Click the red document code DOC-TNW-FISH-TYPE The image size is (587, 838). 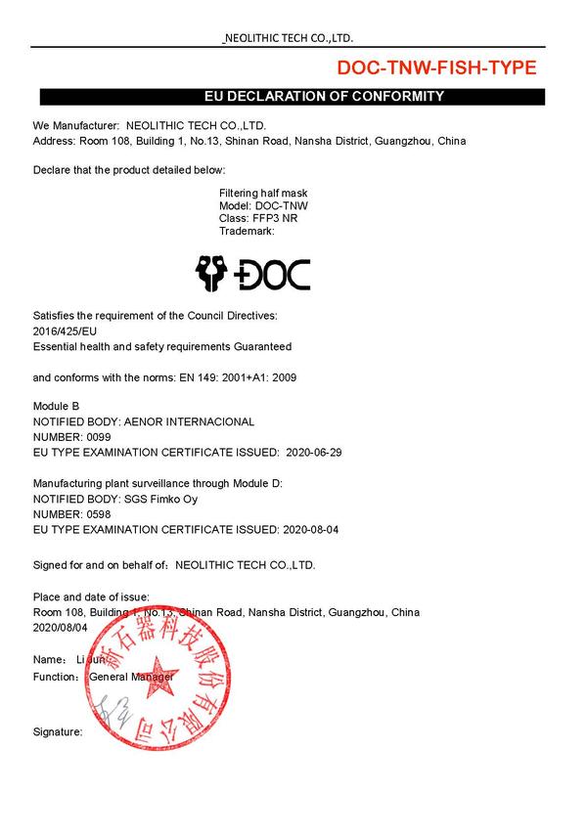pyautogui.click(x=436, y=67)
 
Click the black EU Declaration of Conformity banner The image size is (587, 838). pyautogui.click(x=291, y=96)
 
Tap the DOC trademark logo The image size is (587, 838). pyautogui.click(x=253, y=274)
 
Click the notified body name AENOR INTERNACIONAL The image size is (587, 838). pyautogui.click(x=184, y=421)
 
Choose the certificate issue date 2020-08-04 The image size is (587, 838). pyautogui.click(x=311, y=530)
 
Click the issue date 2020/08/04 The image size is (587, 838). pyautogui.click(x=61, y=627)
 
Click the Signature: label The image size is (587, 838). pyautogui.click(x=58, y=731)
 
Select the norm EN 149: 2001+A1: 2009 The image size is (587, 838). pyautogui.click(x=226, y=376)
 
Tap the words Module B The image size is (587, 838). pyautogui.click(x=56, y=406)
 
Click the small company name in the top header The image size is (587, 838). pyautogui.click(x=290, y=38)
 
